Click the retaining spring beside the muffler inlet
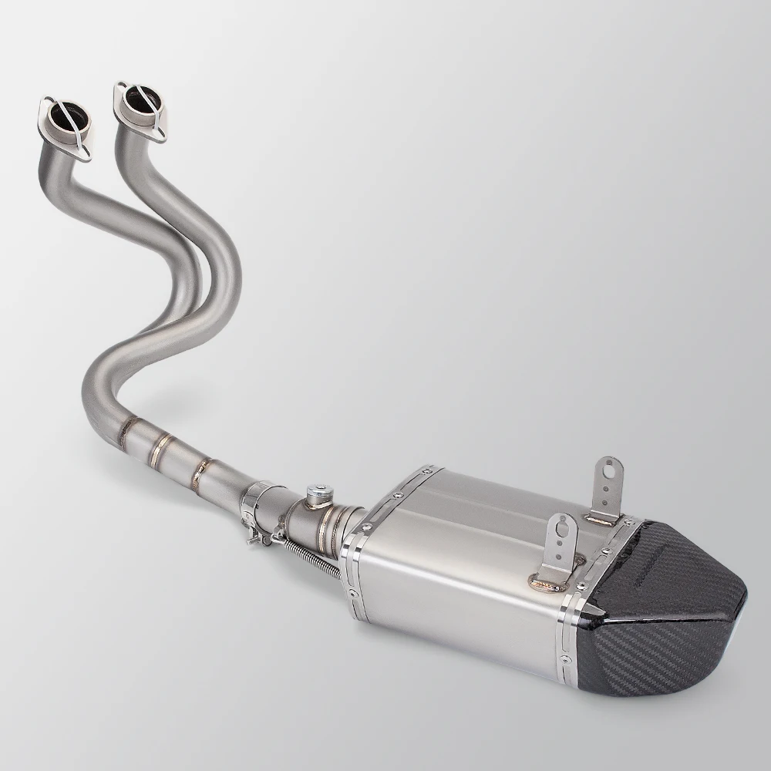click(312, 555)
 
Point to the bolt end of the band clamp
click(258, 536)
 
